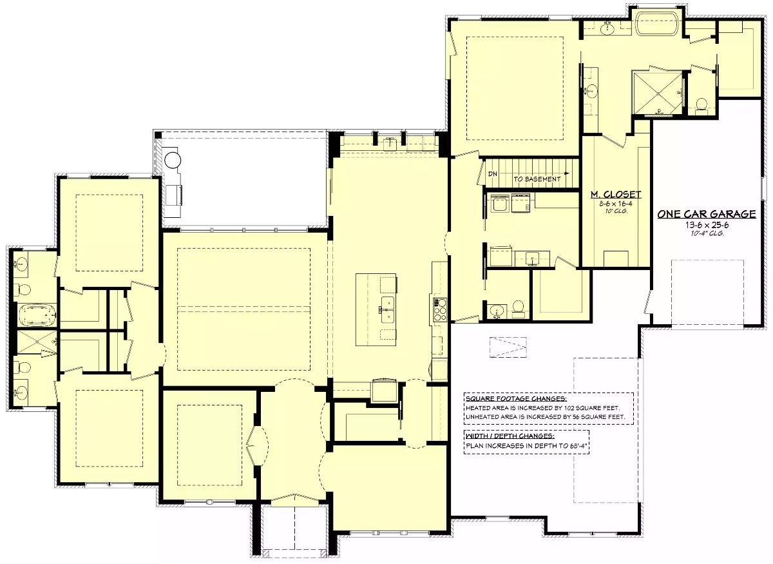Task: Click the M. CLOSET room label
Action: point(616,194)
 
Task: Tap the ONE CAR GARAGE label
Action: point(706,215)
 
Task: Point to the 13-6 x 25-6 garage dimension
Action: point(707,226)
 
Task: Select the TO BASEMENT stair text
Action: point(538,179)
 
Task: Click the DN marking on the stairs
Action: point(493,174)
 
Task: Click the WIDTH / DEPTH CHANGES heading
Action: point(509,436)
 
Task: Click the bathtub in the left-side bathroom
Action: point(37,316)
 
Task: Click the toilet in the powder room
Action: point(517,307)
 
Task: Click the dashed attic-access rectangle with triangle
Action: point(508,347)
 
